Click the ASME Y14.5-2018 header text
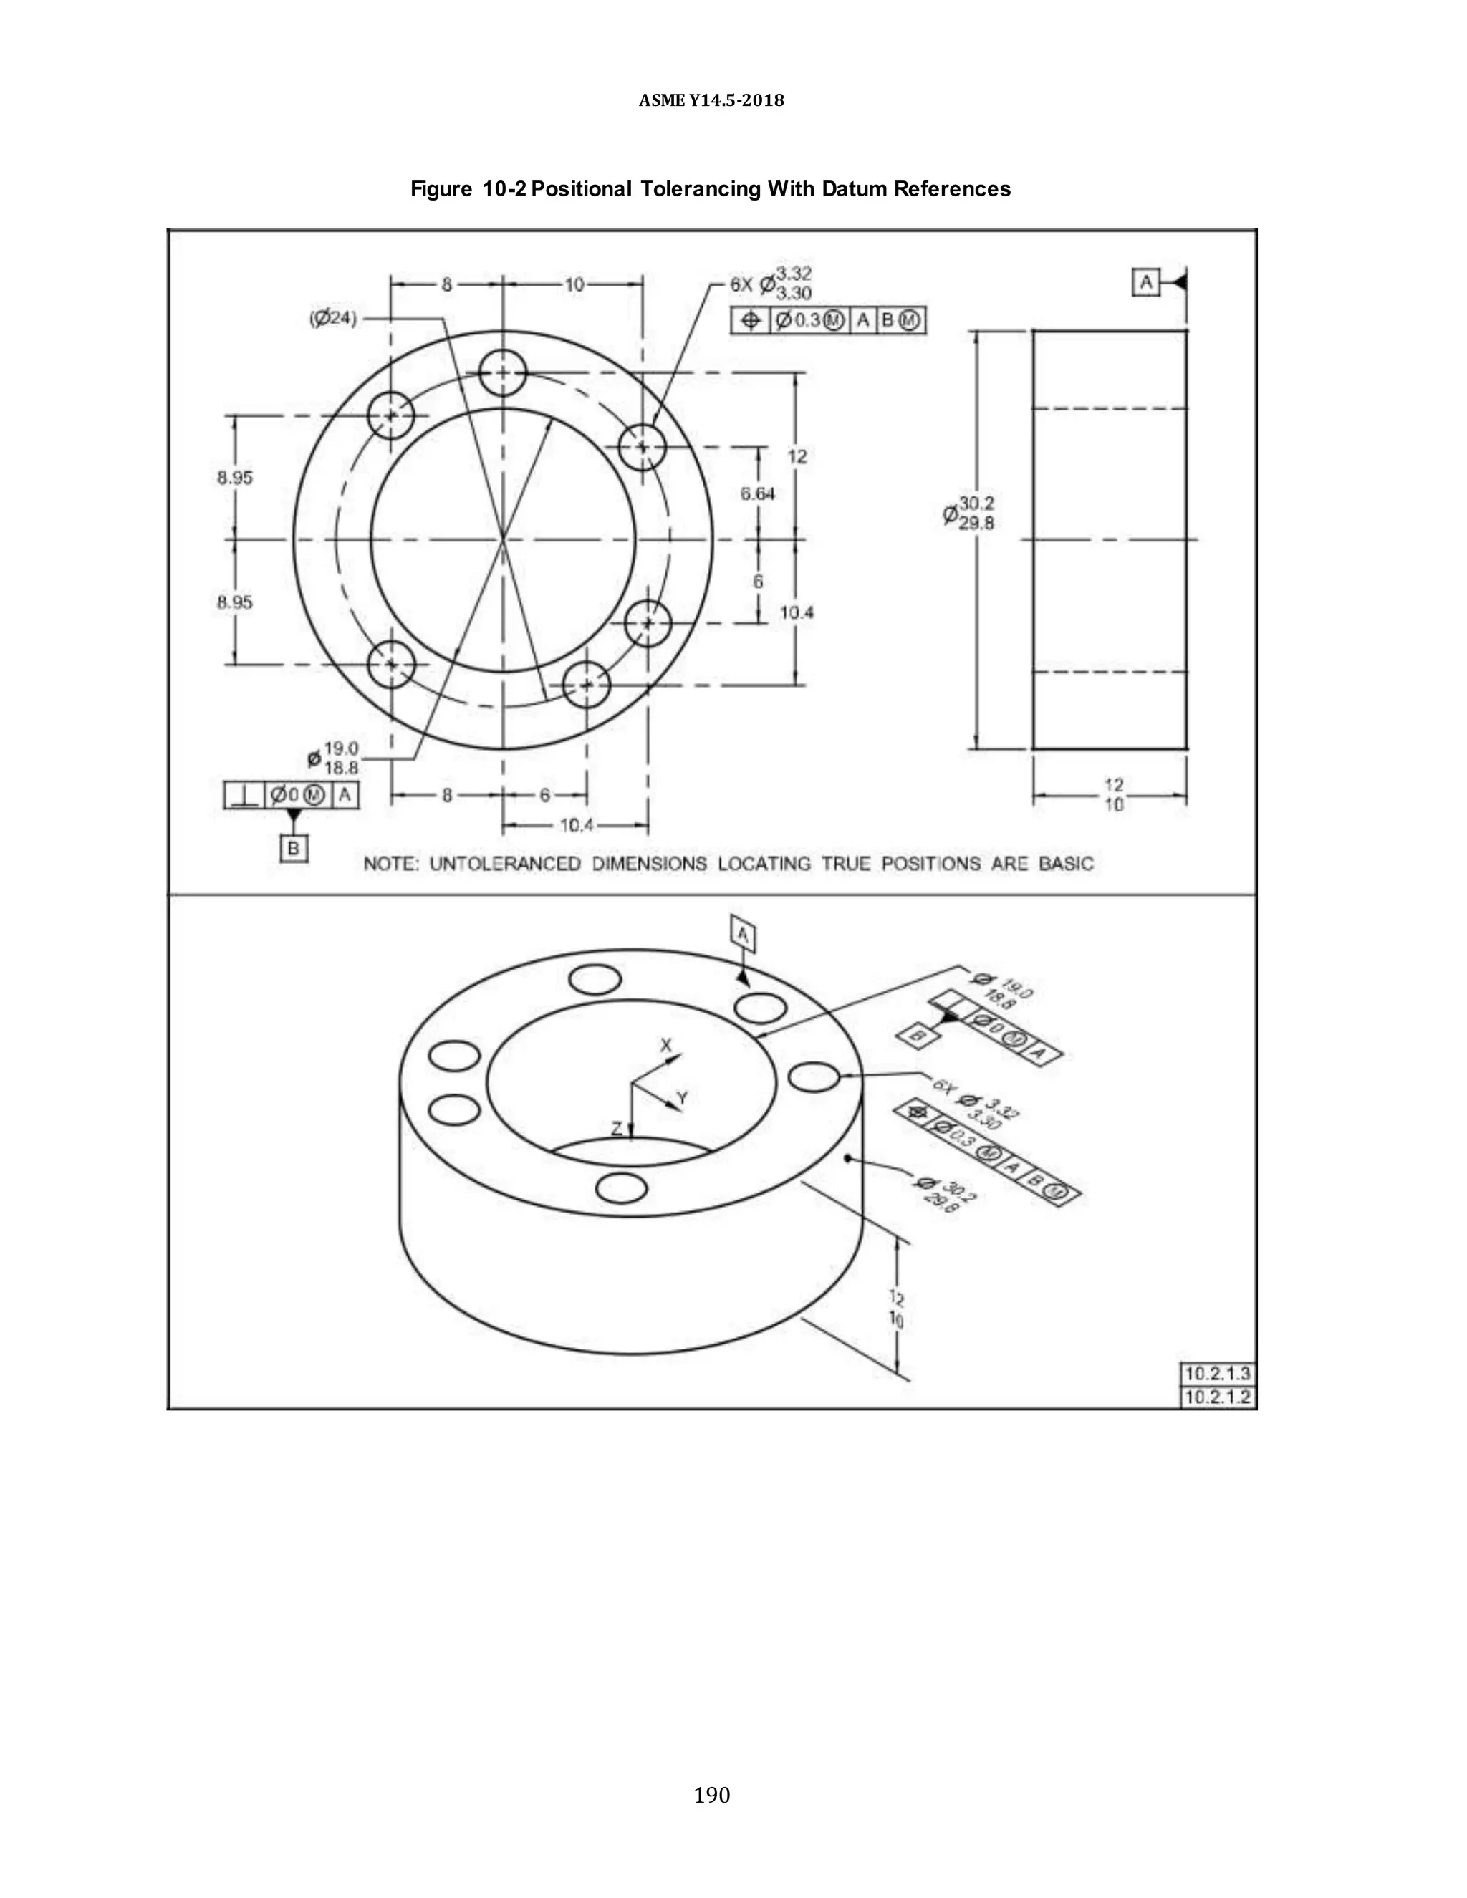tap(711, 101)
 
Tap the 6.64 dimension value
tap(757, 493)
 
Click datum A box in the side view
tap(1146, 282)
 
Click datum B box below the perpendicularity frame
tap(294, 848)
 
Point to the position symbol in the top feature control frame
tap(749, 321)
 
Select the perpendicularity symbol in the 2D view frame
tap(244, 794)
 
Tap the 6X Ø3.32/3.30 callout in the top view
tap(771, 284)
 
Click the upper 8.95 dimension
tap(235, 477)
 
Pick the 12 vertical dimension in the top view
tap(797, 456)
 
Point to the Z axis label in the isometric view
tap(616, 1128)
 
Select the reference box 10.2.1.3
tap(1218, 1374)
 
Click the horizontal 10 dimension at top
tap(574, 284)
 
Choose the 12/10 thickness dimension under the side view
tap(1113, 794)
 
